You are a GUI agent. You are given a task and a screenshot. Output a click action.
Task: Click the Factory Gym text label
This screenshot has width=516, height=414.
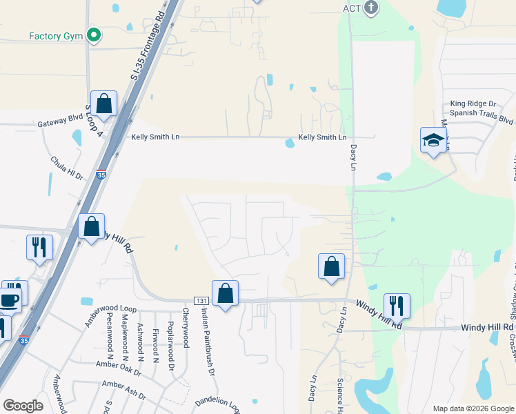tap(56, 36)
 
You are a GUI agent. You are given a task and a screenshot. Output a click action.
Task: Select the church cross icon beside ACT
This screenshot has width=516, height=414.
tap(371, 8)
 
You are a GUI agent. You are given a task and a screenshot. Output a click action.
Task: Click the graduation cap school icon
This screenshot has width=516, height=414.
tap(433, 140)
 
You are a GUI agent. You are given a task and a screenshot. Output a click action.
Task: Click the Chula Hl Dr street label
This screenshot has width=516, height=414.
tap(66, 168)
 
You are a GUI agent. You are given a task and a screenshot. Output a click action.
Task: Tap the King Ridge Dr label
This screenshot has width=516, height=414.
tap(473, 102)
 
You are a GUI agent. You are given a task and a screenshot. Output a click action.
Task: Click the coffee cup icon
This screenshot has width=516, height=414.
tap(10, 300)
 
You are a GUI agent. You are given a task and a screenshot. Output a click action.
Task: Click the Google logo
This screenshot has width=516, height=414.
tap(23, 406)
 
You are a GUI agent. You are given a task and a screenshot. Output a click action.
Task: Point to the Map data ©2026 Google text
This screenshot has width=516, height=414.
tap(473, 408)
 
